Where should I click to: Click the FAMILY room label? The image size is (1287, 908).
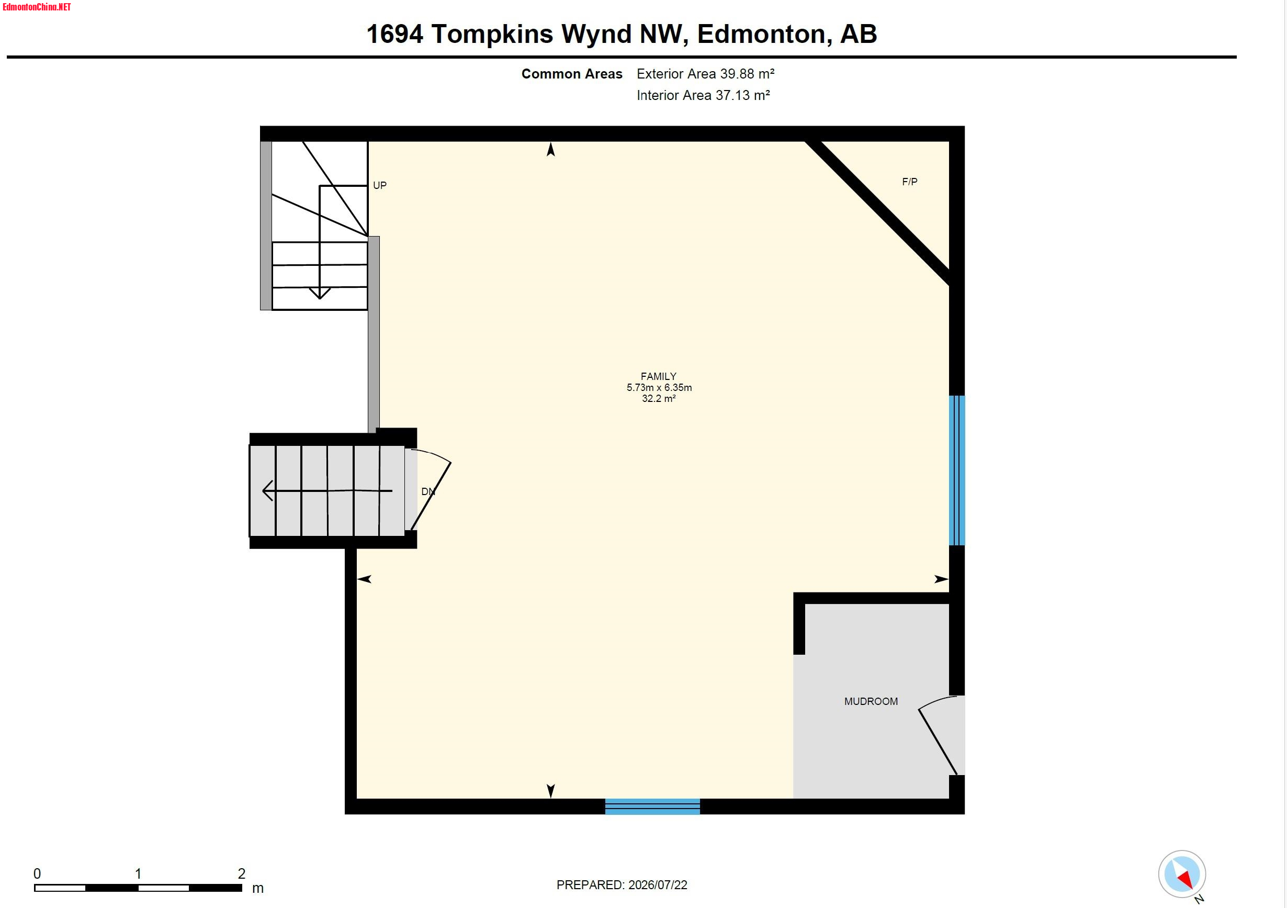659,376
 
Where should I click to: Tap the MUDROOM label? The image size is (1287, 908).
871,702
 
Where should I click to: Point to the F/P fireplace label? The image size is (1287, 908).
910,182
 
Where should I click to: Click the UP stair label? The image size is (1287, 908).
380,186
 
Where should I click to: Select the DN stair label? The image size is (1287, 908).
428,492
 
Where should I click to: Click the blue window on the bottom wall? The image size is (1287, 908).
652,806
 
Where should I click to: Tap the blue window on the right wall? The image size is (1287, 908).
957,470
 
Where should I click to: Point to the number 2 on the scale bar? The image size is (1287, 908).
242,874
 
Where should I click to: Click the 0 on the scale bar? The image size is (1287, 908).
37,874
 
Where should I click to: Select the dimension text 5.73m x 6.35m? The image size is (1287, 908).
659,388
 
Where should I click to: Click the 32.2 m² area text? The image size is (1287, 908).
659,399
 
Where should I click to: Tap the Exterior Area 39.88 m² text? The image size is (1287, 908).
706,74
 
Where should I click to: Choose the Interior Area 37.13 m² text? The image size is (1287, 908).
704,95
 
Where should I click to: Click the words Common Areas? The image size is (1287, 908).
572,74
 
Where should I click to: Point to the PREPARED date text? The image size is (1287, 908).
622,885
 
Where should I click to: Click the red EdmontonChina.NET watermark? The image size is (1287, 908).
37,7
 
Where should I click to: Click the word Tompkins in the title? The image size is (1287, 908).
492,34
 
